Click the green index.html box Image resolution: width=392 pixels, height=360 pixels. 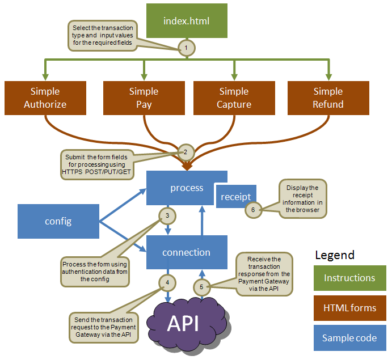pos(186,22)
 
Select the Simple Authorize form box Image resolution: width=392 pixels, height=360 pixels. pos(45,98)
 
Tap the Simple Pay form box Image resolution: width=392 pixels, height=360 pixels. pos(144,98)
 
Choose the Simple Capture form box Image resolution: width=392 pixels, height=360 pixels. pos(234,98)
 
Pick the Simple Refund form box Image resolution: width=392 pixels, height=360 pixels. pos(328,98)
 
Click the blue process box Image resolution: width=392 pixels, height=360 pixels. pos(187,188)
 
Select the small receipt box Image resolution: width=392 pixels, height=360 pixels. pos(236,196)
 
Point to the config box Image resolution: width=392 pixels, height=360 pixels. pos(58,221)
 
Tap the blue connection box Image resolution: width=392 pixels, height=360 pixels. pos(187,252)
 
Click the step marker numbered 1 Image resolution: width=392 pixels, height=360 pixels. pos(186,48)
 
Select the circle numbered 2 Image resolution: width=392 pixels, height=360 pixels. pos(186,151)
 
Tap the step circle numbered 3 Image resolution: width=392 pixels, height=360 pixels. pos(167,215)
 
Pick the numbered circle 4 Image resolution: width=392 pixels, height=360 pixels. pos(167,282)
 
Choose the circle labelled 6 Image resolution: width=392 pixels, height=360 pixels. pos(253,210)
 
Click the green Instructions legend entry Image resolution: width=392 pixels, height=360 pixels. pos(349,278)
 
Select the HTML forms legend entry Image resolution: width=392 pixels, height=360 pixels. pos(349,308)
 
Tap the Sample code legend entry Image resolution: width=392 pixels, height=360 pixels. pos(349,338)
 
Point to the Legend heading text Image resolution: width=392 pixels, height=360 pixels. pos(335,255)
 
